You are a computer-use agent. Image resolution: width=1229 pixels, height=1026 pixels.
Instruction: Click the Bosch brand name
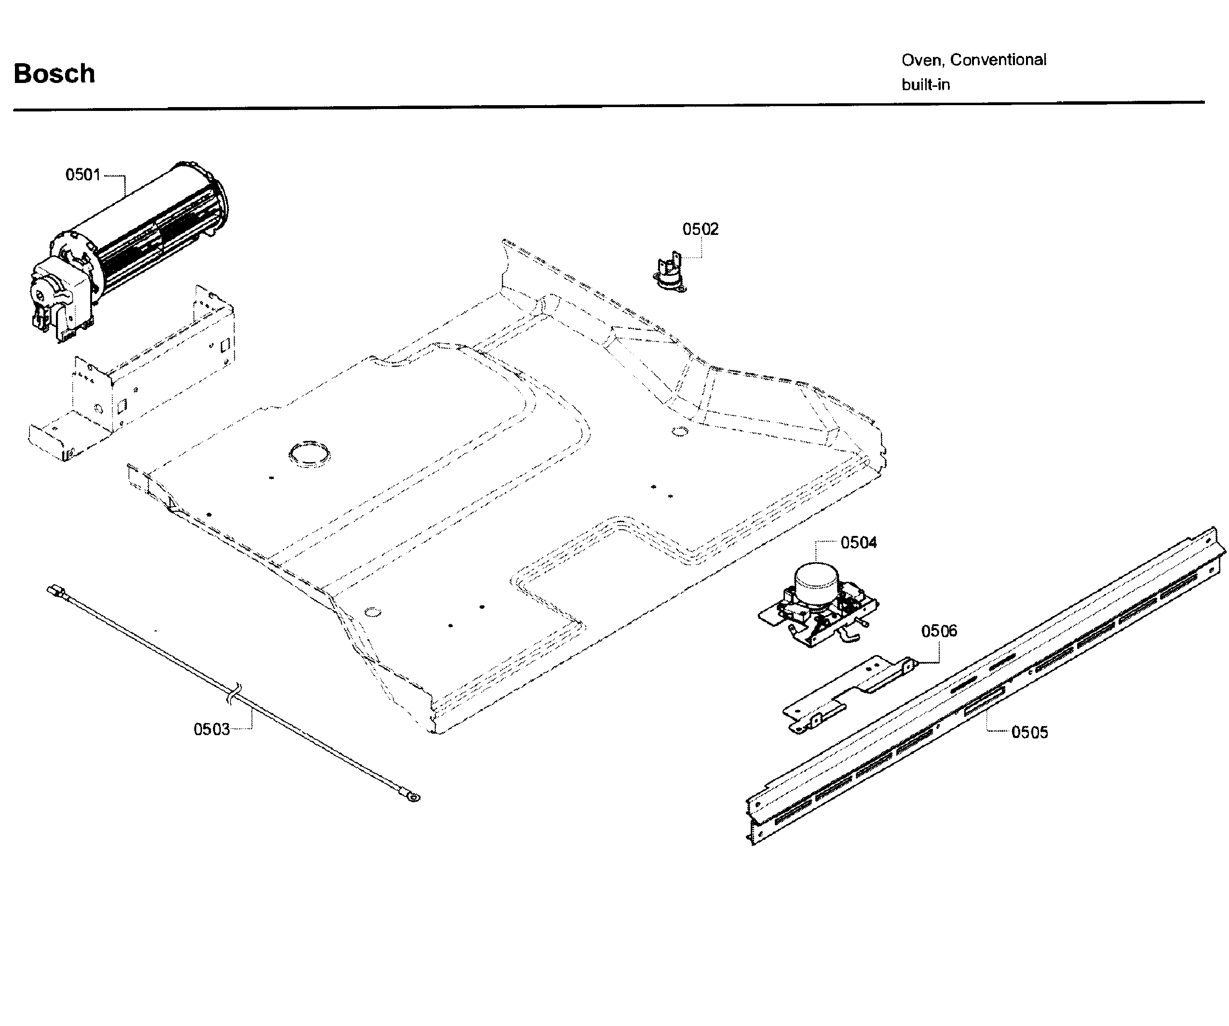point(54,74)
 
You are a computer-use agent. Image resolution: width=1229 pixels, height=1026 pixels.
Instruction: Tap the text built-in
point(925,85)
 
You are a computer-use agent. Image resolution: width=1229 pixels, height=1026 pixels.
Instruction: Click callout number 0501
point(82,175)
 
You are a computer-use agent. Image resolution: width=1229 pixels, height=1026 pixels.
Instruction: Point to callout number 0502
point(700,229)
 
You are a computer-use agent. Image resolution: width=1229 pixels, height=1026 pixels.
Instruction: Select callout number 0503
point(211,730)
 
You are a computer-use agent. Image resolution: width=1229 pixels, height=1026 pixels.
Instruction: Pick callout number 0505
point(1029,732)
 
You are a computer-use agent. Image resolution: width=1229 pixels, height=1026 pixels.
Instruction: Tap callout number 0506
point(939,631)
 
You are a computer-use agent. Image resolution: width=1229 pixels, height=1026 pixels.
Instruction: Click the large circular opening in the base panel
point(309,454)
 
